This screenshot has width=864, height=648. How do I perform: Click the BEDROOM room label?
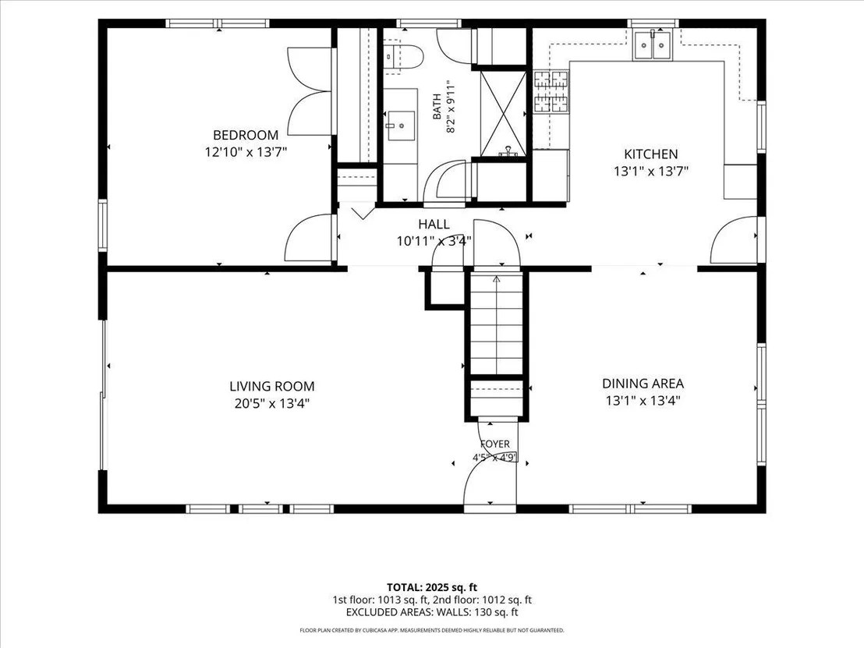[246, 135]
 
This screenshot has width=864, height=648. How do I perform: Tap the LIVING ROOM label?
[272, 386]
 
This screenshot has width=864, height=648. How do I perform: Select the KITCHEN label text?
[651, 154]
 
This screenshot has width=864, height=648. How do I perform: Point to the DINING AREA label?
[643, 384]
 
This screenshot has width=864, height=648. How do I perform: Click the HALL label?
[434, 225]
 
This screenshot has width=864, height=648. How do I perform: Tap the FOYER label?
[495, 444]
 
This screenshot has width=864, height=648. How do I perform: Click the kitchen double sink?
[653, 44]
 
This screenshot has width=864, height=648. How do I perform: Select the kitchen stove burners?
[551, 91]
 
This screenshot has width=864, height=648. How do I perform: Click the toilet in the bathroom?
[403, 56]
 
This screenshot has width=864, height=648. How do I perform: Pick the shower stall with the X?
[503, 113]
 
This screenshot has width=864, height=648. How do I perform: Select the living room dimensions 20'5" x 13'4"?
[272, 403]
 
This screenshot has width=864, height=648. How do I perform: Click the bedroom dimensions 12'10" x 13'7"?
[246, 151]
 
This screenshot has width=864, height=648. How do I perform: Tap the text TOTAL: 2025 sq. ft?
[432, 587]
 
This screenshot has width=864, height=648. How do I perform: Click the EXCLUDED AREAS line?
[432, 612]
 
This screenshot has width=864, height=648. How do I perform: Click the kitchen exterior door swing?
[734, 240]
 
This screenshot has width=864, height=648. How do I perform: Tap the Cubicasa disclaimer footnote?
[432, 630]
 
